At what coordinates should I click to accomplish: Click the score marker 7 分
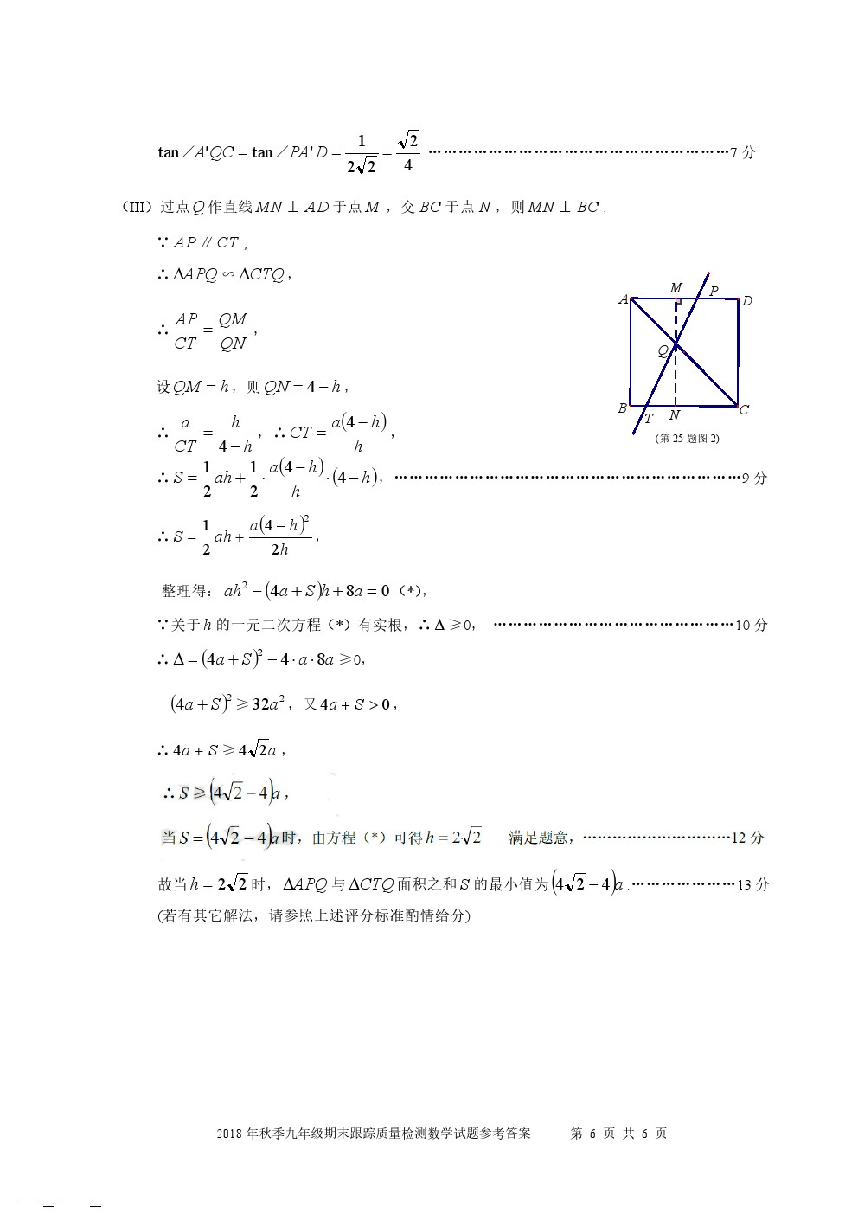pyautogui.click(x=743, y=153)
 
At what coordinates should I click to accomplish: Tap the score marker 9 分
pyautogui.click(x=754, y=478)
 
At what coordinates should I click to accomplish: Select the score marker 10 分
pyautogui.click(x=751, y=625)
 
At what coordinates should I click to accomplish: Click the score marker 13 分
pyautogui.click(x=752, y=884)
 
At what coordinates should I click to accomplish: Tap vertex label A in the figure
pyautogui.click(x=624, y=299)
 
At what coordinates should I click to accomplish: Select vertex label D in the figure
pyautogui.click(x=747, y=300)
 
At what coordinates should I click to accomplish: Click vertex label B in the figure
pyautogui.click(x=622, y=408)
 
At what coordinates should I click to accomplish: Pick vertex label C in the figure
pyautogui.click(x=744, y=409)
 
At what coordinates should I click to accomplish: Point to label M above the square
pyautogui.click(x=676, y=287)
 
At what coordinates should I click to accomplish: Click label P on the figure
pyautogui.click(x=714, y=291)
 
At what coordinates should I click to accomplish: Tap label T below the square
pyautogui.click(x=648, y=420)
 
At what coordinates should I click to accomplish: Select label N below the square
pyautogui.click(x=675, y=415)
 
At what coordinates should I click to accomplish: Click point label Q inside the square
pyautogui.click(x=663, y=350)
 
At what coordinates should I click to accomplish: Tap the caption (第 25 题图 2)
pyautogui.click(x=688, y=438)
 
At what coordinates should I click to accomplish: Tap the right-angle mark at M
pyautogui.click(x=680, y=305)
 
